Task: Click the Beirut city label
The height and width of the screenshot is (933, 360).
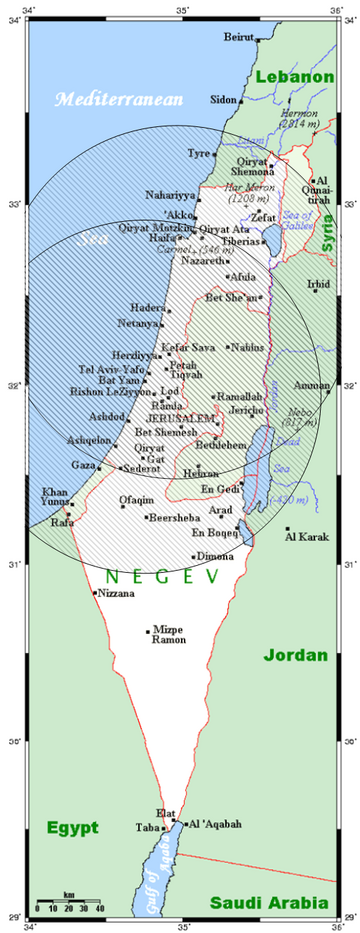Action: pyautogui.click(x=239, y=36)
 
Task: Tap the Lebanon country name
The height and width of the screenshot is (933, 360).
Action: pyautogui.click(x=294, y=77)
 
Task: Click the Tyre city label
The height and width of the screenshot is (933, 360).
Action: pyautogui.click(x=200, y=154)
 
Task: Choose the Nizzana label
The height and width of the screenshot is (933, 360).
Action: pyautogui.click(x=116, y=593)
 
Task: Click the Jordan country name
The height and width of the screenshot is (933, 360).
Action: pyautogui.click(x=295, y=656)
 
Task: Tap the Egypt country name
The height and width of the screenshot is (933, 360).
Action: pyautogui.click(x=72, y=827)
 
